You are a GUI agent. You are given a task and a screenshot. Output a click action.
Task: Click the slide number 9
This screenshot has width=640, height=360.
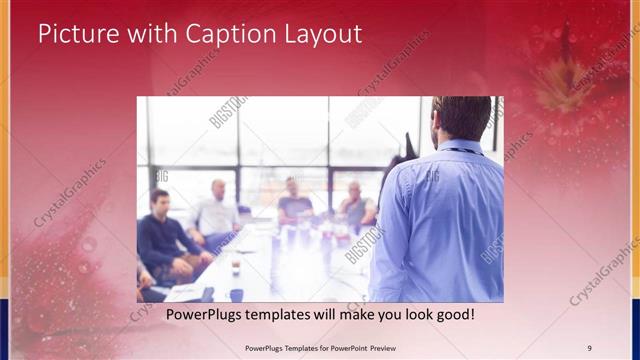[590, 347]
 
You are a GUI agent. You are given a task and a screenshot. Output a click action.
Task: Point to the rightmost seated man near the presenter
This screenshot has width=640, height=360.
[355, 205]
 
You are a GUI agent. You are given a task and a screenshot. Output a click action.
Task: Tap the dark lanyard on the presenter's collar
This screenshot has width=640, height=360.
[458, 150]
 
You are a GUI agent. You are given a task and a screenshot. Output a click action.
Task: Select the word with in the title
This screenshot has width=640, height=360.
[145, 34]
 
